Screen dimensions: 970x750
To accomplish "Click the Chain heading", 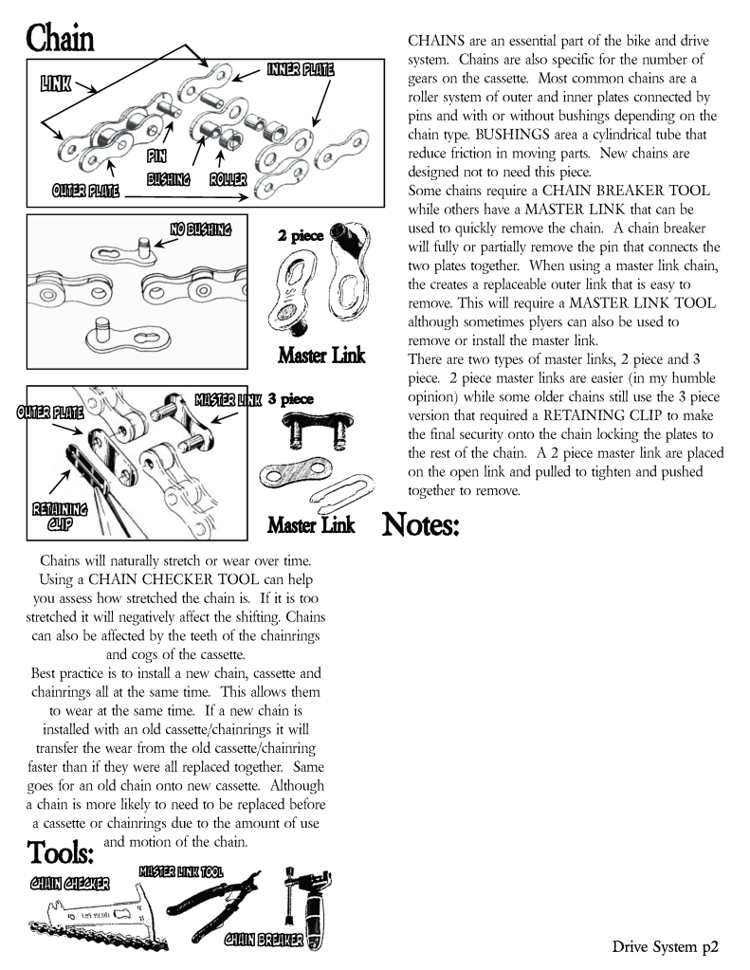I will point(60,40).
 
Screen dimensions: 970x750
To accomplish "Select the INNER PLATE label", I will point(300,68).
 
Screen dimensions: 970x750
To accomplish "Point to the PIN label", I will point(156,155).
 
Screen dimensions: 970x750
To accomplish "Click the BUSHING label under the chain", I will point(169,178).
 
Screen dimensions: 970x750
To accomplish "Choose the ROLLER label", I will point(228,178).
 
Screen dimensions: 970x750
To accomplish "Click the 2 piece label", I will point(300,235).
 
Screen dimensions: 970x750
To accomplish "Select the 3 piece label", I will point(290,399).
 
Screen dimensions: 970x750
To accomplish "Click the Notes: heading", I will point(421,524).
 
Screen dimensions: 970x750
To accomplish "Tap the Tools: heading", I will point(61,852).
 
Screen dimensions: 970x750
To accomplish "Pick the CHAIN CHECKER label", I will point(69,884).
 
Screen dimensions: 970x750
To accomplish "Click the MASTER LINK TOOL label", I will point(181,870).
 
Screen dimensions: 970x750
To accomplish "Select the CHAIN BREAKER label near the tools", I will point(264,940).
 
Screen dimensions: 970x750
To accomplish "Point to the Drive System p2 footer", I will point(665,945).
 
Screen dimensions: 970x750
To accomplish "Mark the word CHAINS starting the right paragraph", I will point(436,42).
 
